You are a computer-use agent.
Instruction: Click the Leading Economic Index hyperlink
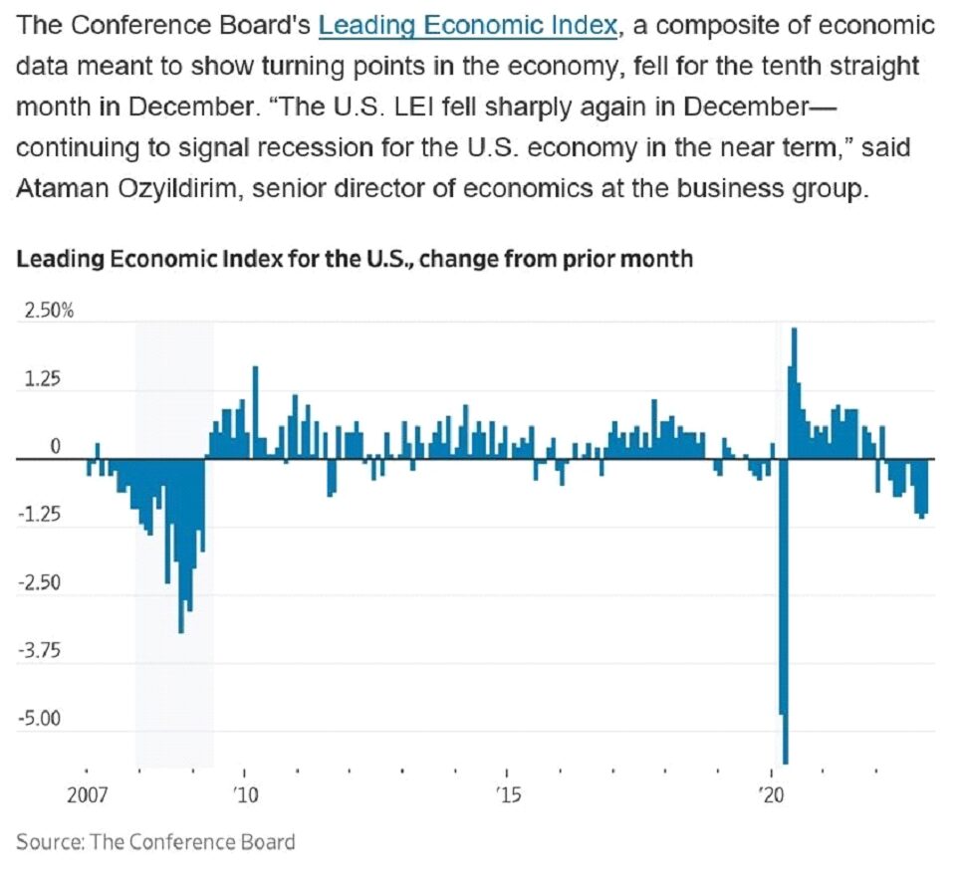[467, 25]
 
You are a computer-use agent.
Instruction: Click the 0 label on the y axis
[56, 447]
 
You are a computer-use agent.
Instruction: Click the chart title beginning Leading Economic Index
[355, 260]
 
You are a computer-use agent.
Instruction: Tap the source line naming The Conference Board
[156, 842]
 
